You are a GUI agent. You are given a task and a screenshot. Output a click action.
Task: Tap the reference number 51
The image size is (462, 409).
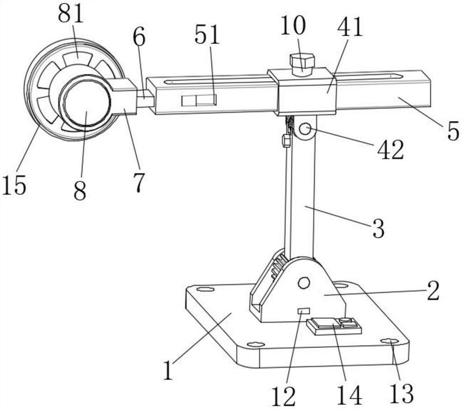click(207, 35)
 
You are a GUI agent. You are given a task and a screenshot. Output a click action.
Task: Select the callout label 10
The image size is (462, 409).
click(293, 25)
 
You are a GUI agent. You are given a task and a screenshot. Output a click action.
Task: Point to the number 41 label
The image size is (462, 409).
click(349, 27)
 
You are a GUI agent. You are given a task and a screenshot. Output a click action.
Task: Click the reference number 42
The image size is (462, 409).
click(391, 149)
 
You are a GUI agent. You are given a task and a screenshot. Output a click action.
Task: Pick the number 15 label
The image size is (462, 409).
click(14, 185)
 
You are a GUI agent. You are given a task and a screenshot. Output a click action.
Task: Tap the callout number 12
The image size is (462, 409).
click(284, 396)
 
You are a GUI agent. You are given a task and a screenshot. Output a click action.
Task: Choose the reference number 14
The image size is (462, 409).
click(349, 395)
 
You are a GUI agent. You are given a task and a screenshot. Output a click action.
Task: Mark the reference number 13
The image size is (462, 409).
click(401, 393)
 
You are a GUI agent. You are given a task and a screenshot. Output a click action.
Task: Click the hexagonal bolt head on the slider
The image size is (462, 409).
click(301, 63)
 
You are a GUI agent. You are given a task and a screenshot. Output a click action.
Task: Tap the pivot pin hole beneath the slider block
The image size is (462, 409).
click(305, 129)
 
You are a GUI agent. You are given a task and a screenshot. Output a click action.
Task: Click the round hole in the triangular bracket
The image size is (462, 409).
click(304, 283)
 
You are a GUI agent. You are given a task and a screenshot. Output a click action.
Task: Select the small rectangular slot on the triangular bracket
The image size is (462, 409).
click(304, 310)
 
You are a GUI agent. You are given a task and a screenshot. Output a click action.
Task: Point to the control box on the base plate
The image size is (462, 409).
click(334, 327)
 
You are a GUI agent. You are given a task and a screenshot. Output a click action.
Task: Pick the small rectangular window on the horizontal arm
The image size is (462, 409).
click(199, 100)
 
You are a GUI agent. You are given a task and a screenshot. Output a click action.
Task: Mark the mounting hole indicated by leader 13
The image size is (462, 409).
click(389, 342)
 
